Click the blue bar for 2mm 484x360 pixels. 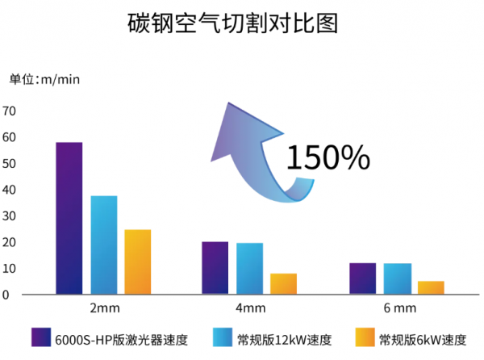103,245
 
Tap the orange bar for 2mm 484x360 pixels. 137,262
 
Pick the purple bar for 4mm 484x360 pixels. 215,268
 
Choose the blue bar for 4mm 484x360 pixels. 249,268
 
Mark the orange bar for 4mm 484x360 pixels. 283,283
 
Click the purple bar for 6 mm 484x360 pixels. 362,278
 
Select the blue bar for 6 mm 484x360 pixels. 397,278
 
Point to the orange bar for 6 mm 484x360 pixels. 431,287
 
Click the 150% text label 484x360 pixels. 328,157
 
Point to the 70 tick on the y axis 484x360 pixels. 10,111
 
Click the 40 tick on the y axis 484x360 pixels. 10,190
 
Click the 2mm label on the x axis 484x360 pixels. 103,308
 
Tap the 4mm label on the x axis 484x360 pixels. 249,308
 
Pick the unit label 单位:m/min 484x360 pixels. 44,79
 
